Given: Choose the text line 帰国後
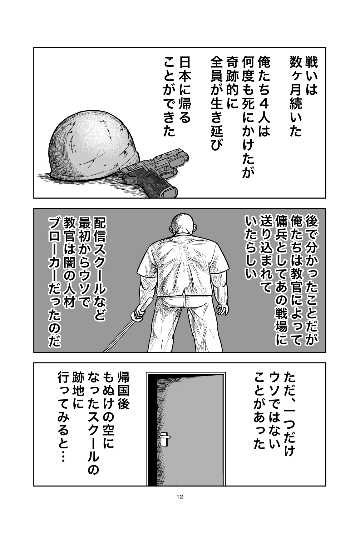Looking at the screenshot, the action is [123, 395].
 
